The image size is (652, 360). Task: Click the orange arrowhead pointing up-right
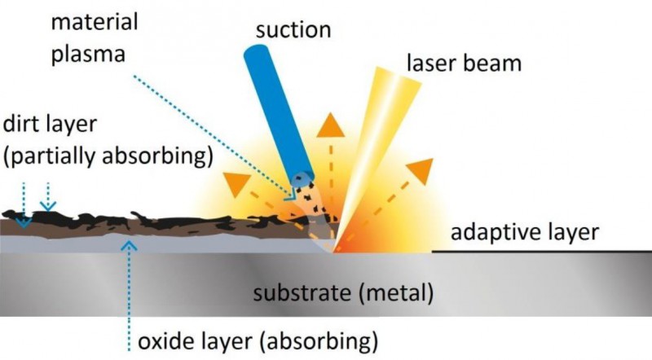421,169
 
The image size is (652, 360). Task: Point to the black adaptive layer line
538,252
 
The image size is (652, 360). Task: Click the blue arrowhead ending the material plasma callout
289,193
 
